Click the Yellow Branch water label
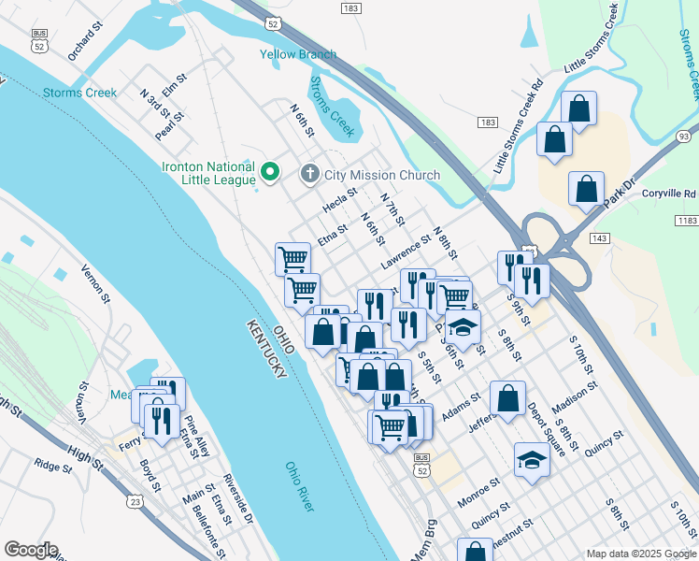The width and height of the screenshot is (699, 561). [x=297, y=55]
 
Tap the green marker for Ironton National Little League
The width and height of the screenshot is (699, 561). [x=270, y=171]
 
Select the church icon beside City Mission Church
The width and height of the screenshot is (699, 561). [x=309, y=174]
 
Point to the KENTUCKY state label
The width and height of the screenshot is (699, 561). [x=267, y=348]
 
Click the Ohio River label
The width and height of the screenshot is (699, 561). [x=300, y=486]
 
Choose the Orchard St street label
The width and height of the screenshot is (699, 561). [x=82, y=43]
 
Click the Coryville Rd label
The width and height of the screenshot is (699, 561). [x=669, y=194]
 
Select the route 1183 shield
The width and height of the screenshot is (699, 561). [x=685, y=220]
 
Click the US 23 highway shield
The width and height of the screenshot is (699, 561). [x=136, y=502]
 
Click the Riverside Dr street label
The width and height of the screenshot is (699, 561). [x=237, y=499]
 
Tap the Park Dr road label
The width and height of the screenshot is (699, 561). [x=619, y=178]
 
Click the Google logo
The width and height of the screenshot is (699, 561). [x=31, y=550]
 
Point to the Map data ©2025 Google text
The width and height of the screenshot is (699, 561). [x=640, y=554]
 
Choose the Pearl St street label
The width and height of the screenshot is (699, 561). [x=169, y=125]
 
